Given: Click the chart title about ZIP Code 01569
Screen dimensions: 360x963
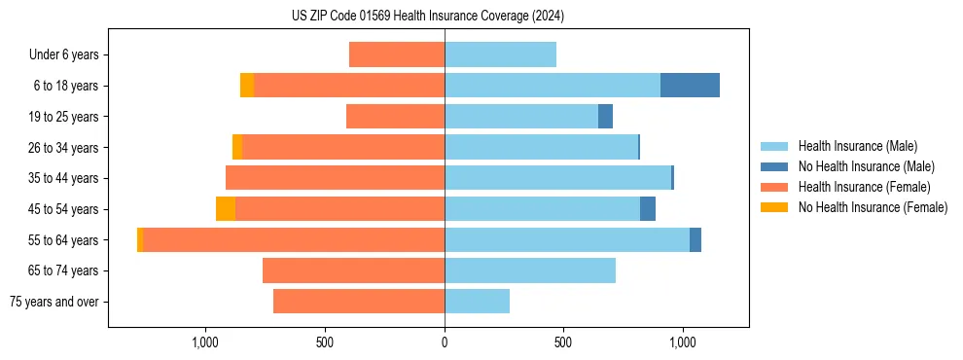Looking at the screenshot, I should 427,16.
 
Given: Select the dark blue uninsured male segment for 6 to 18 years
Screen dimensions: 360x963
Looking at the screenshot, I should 690,86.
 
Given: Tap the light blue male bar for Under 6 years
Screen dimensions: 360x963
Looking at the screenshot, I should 500,54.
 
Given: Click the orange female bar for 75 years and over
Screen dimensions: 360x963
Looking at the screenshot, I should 359,302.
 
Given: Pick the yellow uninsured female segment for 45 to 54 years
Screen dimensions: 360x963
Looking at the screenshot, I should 226,209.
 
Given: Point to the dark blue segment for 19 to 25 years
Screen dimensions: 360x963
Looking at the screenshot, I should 605,117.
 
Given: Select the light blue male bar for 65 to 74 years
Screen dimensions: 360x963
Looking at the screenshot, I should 530,270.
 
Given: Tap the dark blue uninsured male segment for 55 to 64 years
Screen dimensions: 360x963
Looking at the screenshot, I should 695,240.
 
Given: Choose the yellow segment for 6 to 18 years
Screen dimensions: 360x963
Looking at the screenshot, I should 247,86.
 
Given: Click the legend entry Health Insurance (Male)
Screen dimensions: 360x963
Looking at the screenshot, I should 857,146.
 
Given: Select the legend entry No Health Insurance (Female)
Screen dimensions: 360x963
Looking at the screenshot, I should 873,207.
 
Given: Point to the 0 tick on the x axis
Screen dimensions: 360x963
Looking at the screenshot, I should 445,342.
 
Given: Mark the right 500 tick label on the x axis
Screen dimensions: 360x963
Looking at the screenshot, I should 563,342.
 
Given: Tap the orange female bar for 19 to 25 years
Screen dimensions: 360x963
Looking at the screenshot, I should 395,117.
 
